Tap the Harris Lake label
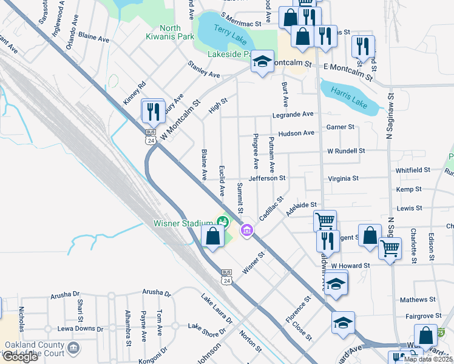pyautogui.click(x=348, y=97)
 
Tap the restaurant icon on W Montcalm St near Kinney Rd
pyautogui.click(x=152, y=112)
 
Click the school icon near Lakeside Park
pyautogui.click(x=262, y=62)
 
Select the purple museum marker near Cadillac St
pyautogui.click(x=246, y=230)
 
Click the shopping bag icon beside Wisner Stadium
pyautogui.click(x=212, y=236)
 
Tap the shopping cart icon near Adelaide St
pyautogui.click(x=325, y=220)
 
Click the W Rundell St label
pyautogui.click(x=345, y=150)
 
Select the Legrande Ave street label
pyautogui.click(x=293, y=114)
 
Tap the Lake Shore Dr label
pyautogui.click(x=206, y=329)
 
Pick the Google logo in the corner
pyautogui.click(x=19, y=357)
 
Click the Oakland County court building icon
pyautogui.click(x=73, y=348)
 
